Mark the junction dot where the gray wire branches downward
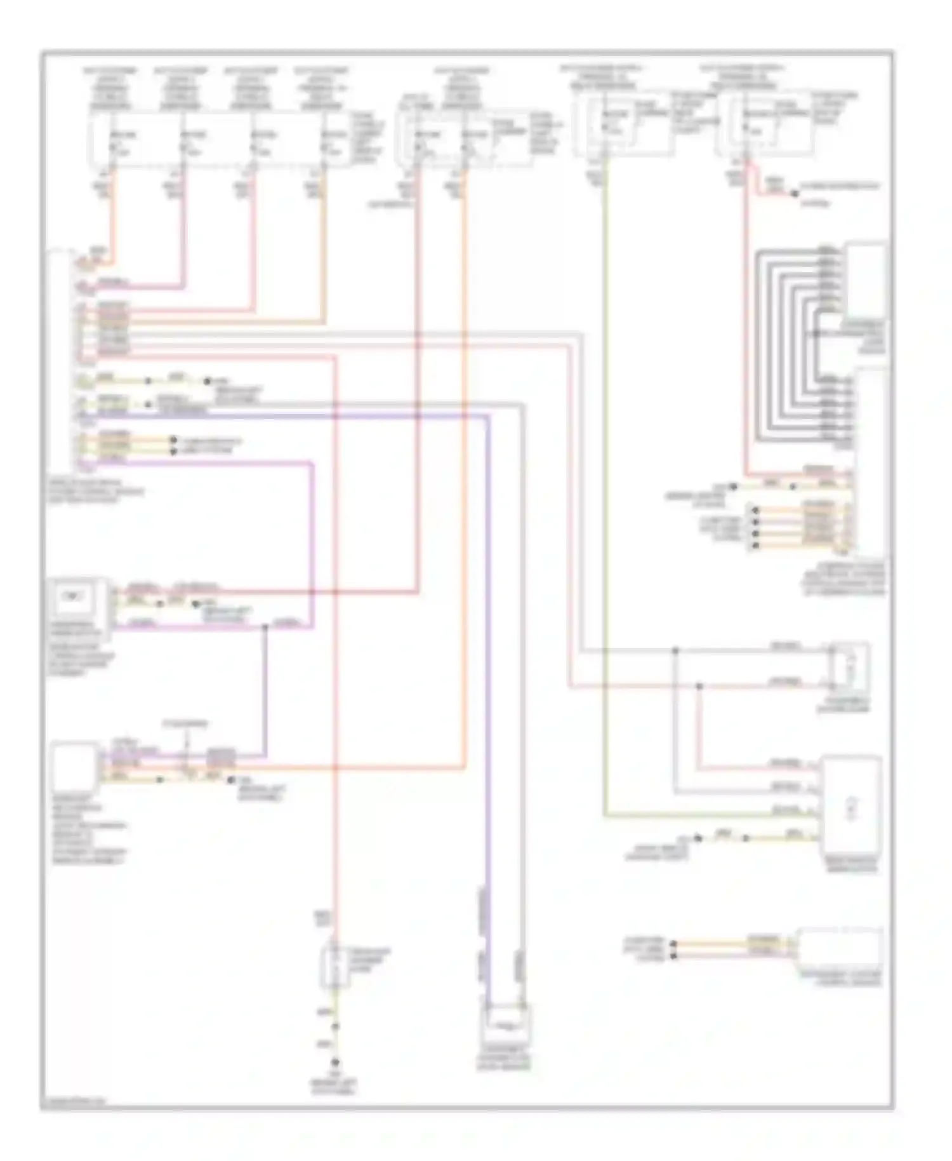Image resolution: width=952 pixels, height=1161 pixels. tap(675, 651)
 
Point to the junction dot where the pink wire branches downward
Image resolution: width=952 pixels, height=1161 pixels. tap(699, 686)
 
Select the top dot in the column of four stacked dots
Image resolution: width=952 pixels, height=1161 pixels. tap(755, 509)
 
